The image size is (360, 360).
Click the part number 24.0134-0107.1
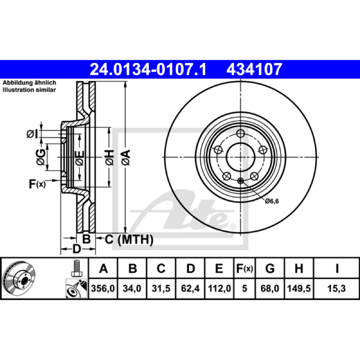tap(148, 69)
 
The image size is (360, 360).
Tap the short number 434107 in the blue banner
tap(254, 69)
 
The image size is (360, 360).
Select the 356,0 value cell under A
tap(103, 288)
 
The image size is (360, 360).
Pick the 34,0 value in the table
tap(132, 288)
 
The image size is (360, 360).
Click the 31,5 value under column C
tap(161, 288)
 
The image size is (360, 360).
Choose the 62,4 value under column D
tap(190, 288)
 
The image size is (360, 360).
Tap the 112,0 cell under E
tap(219, 288)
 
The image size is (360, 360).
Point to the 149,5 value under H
tap(299, 288)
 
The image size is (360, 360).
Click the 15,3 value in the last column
tap(336, 288)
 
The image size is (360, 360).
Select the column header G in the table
tap(270, 268)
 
